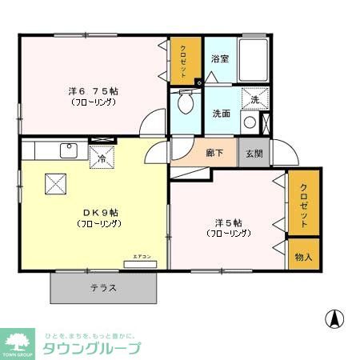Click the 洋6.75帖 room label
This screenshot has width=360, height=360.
94,91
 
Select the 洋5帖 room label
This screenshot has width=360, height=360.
228,222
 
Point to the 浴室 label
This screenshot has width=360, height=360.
220,59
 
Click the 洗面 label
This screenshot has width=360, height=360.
222,114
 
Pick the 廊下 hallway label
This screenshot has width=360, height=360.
214,153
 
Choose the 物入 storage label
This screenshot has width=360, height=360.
304,257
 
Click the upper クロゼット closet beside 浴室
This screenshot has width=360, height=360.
184,60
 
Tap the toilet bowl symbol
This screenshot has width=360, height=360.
186,102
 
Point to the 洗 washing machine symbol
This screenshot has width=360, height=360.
254,99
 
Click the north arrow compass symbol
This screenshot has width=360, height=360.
334,318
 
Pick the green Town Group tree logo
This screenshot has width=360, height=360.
18,339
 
